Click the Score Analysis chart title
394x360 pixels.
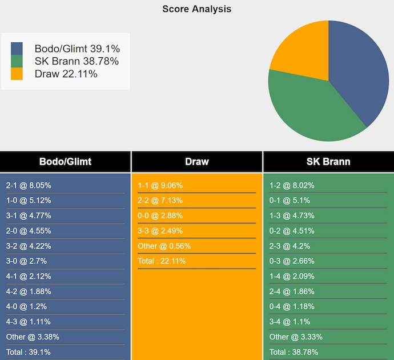196,9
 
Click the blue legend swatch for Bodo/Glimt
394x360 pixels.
17,49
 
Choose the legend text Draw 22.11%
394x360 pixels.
66,74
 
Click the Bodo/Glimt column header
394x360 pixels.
65,162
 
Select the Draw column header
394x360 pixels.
197,162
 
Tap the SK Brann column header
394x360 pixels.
328,162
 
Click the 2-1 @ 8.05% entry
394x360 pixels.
29,186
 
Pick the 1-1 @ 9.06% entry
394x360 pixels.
160,186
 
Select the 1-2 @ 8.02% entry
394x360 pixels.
291,186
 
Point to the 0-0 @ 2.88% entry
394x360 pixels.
160,216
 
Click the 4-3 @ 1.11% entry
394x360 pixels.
29,322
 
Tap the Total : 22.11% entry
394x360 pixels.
162,261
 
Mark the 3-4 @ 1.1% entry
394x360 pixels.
290,322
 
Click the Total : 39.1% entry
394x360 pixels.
29,352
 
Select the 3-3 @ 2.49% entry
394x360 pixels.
160,231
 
